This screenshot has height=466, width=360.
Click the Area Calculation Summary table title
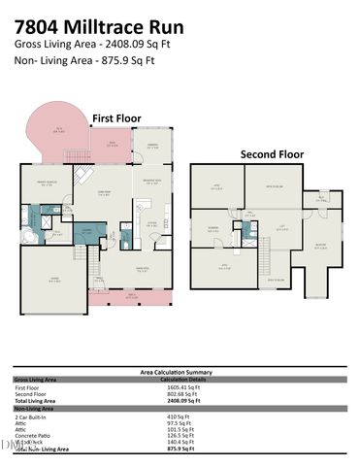179,372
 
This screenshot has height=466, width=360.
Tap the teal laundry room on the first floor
87,232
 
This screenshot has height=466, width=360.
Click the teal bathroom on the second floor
248,229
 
